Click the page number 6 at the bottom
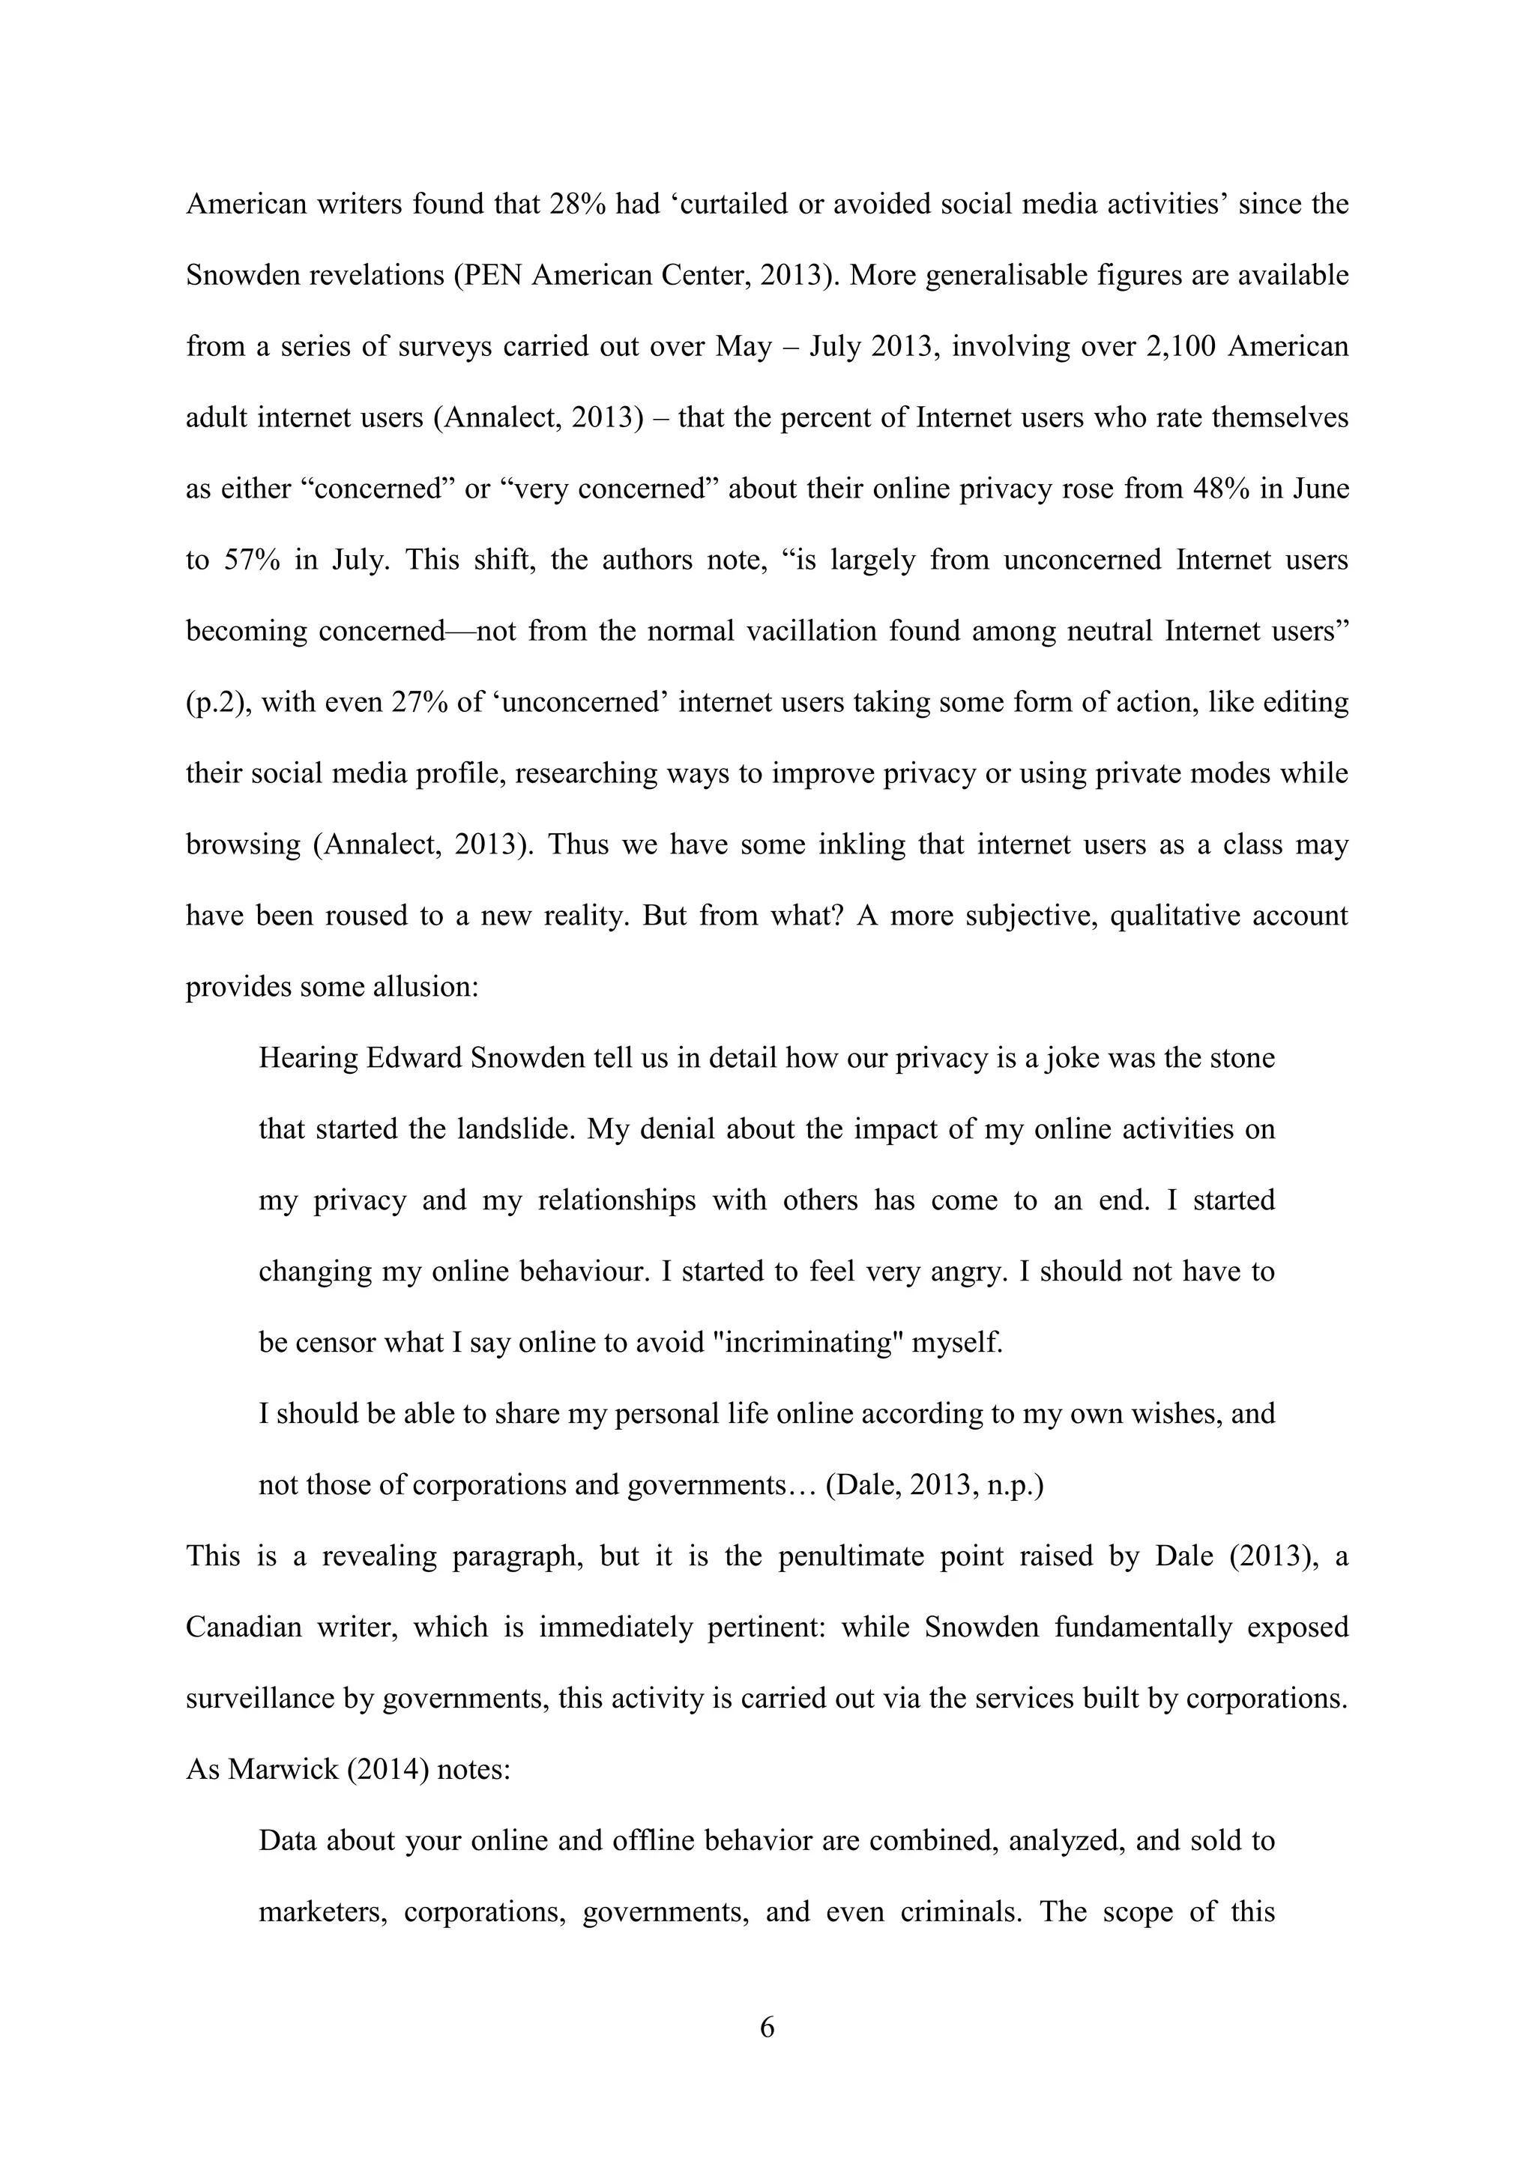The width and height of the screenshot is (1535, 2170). (767, 2028)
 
